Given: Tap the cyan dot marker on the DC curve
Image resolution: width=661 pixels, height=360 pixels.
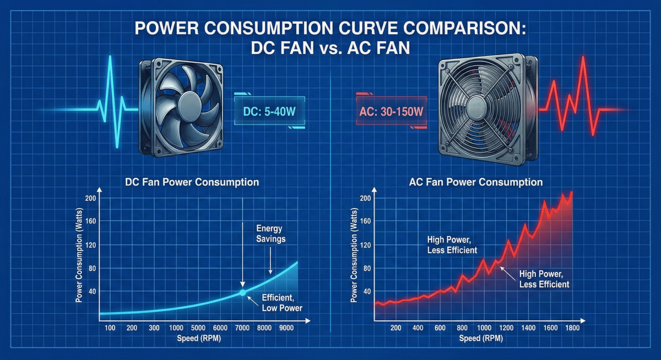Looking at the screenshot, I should tap(242, 293).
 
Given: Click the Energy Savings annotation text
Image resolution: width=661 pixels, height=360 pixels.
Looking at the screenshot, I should tap(270, 233).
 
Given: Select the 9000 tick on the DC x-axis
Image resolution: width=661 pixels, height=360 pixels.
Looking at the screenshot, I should tap(286, 328).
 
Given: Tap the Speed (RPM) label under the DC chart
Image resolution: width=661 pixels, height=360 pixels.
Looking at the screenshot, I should tap(195, 339).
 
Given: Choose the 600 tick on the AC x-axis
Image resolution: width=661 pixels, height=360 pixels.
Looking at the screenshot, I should tap(440, 328).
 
